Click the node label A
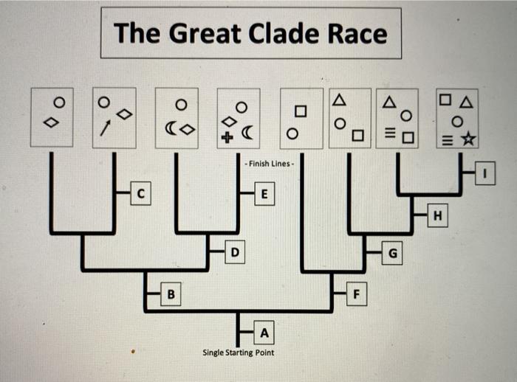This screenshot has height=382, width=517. point(264,333)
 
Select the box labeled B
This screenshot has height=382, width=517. point(171,295)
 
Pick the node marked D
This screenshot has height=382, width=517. point(233,253)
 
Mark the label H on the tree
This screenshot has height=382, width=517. point(438,215)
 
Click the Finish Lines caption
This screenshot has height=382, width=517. point(270,163)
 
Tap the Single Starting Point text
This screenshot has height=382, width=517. point(238,353)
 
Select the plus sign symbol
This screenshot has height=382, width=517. point(228,135)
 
